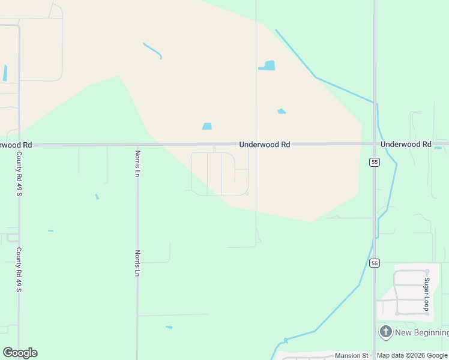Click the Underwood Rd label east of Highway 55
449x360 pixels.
(406, 145)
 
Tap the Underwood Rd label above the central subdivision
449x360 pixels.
(264, 145)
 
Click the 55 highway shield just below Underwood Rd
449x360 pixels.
(374, 162)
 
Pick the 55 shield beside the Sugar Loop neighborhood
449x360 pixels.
(375, 263)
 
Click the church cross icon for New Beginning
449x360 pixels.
(385, 332)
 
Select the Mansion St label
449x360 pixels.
(351, 356)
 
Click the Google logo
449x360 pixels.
(20, 353)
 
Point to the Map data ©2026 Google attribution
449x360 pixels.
(412, 356)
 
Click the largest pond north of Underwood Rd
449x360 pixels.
(268, 65)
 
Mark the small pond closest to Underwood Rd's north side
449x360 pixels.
(207, 127)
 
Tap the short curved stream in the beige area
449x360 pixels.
(153, 50)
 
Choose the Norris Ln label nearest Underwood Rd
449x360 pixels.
(137, 164)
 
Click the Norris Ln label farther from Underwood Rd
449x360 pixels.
(137, 263)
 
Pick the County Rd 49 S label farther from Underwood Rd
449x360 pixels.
(19, 270)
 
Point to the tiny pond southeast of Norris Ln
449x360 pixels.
(169, 327)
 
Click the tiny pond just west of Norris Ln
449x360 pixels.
(97, 196)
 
